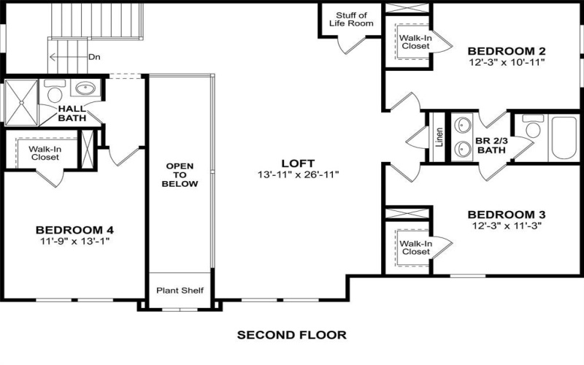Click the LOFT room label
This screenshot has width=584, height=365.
tap(298, 162)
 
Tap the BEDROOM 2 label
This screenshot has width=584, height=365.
tap(507, 51)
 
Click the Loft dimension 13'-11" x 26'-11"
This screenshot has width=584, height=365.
tap(298, 174)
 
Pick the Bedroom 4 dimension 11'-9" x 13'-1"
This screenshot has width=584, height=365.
tap(76, 240)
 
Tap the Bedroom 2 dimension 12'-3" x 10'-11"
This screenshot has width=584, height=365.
tap(507, 63)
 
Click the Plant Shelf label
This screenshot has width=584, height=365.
tap(180, 291)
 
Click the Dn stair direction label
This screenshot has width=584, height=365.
tap(94, 56)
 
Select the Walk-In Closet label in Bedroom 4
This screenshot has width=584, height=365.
tap(45, 152)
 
